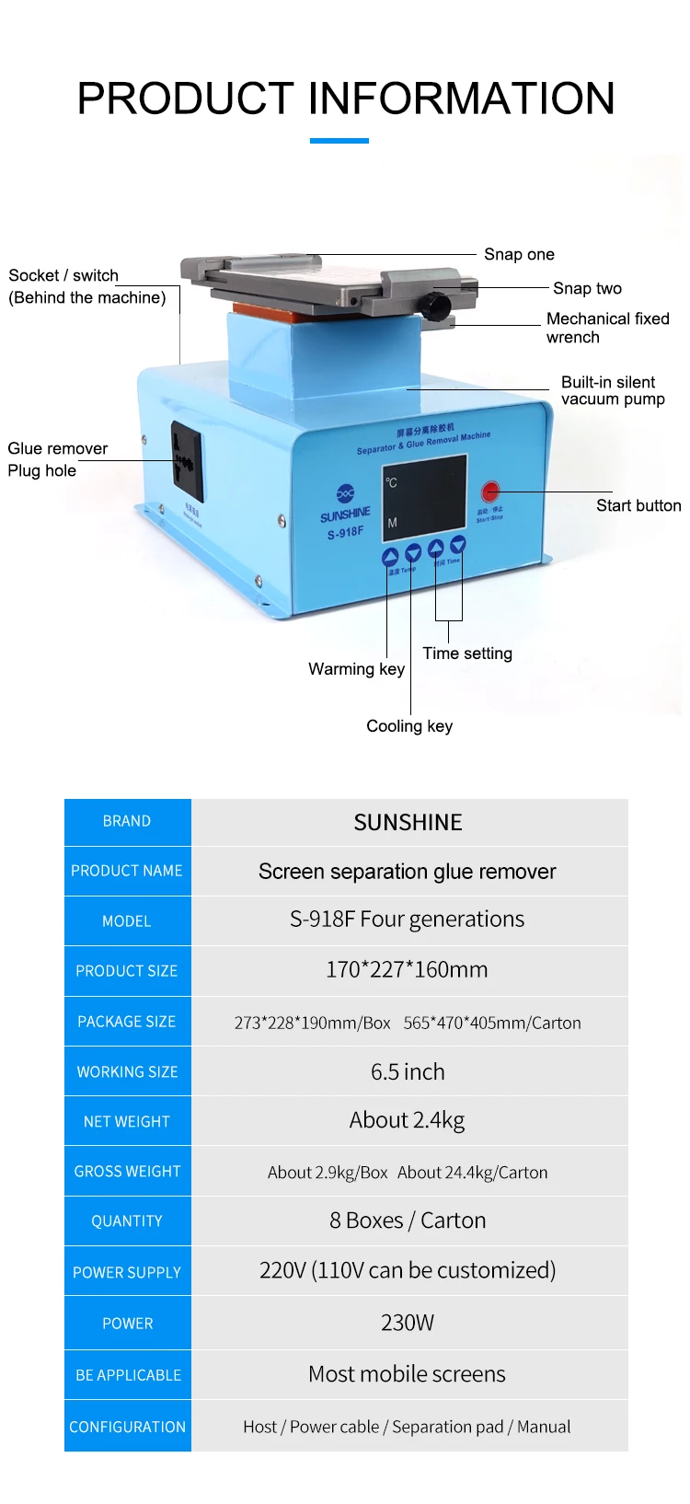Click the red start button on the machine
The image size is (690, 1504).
click(x=490, y=492)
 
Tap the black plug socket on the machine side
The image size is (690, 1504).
click(x=187, y=460)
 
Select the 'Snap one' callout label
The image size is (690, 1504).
click(x=519, y=255)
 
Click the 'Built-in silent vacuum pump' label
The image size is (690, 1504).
click(x=612, y=390)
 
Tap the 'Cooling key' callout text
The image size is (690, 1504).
click(x=409, y=726)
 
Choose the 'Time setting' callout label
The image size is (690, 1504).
click(x=467, y=654)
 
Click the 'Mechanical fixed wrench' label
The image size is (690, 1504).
click(x=607, y=328)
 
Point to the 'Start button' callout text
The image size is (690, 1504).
click(x=638, y=505)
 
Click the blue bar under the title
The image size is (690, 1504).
click(x=339, y=141)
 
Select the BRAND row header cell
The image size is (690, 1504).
click(x=127, y=821)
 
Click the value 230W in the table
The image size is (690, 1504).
click(x=408, y=1323)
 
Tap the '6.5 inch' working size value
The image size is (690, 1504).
click(x=408, y=1071)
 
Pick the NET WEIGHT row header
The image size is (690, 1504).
click(x=127, y=1121)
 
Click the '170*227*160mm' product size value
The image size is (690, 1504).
click(x=407, y=969)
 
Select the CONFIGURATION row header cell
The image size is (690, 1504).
click(x=127, y=1427)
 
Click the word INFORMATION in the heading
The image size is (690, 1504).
click(x=461, y=98)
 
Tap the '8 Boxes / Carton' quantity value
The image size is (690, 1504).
click(x=408, y=1221)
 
